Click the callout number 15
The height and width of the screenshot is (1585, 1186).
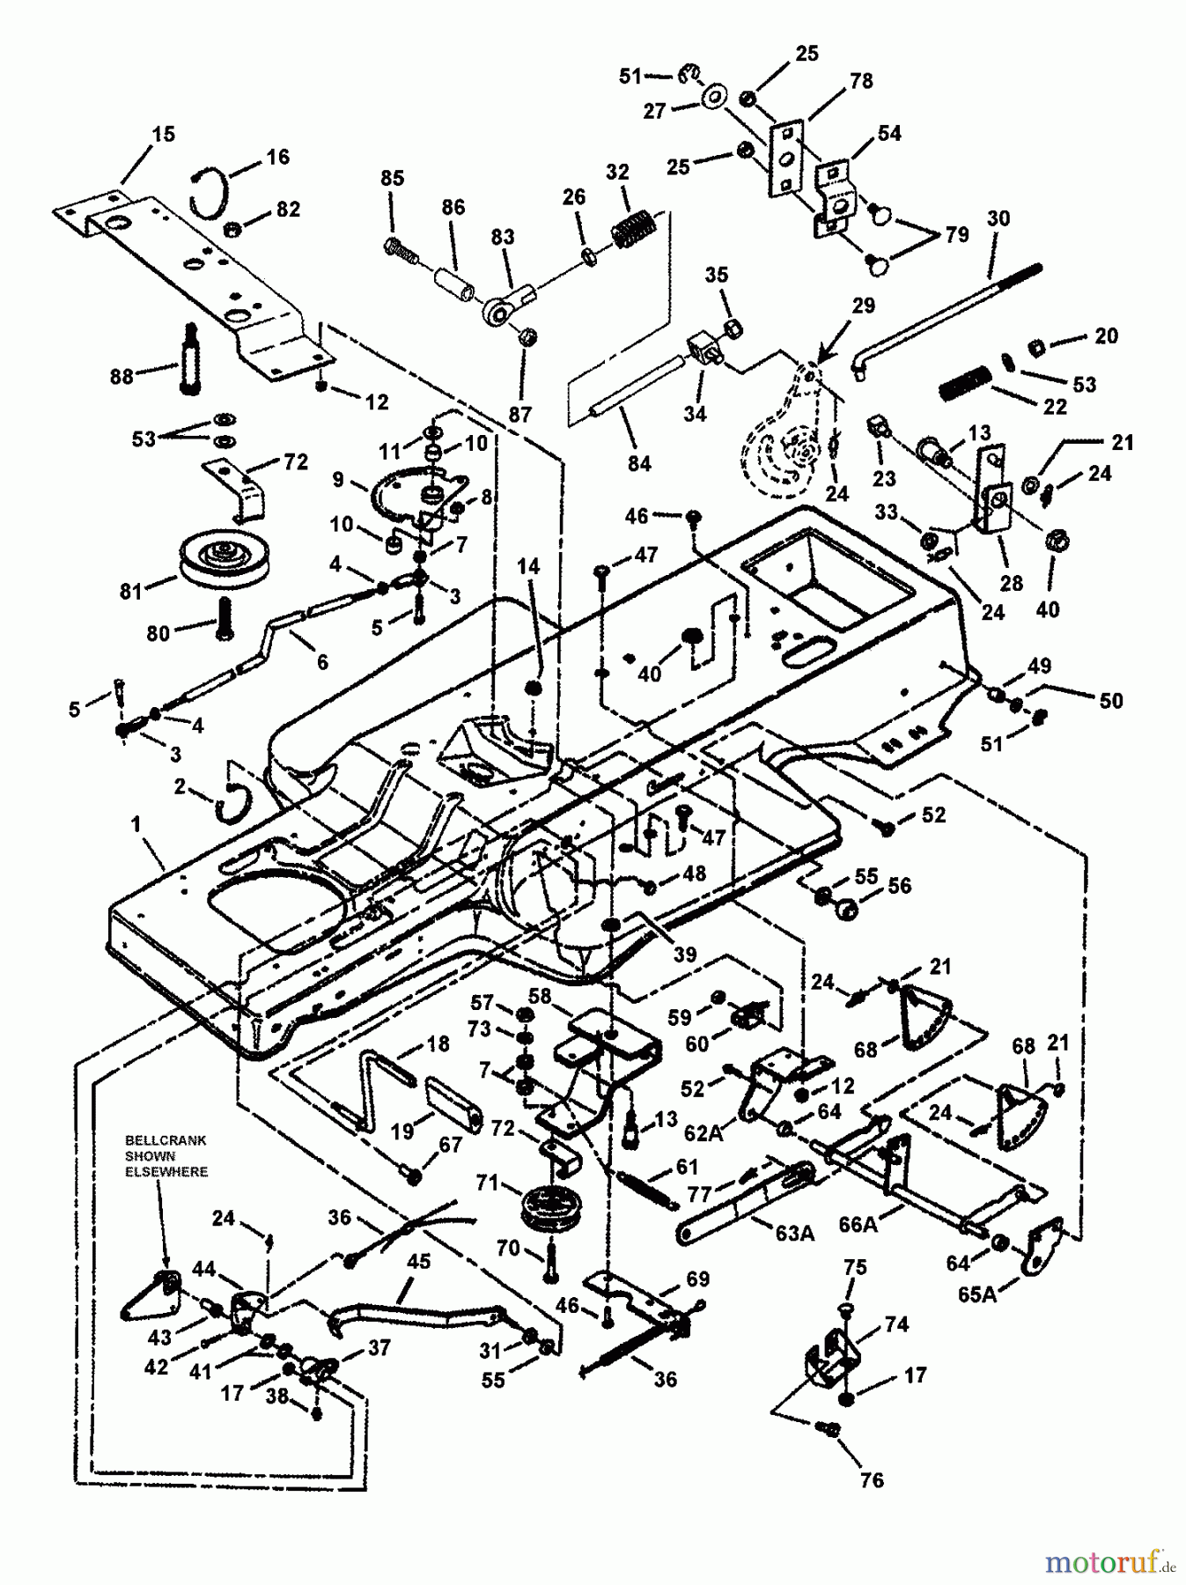(x=163, y=135)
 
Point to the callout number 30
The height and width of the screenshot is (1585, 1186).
(x=998, y=218)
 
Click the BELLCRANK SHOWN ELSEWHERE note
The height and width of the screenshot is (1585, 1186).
(x=166, y=1155)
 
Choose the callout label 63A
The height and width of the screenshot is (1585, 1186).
(x=793, y=1233)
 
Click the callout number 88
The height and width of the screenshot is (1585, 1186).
(x=122, y=376)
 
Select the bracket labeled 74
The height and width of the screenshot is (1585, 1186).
(x=831, y=1365)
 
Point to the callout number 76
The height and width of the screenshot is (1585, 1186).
(x=871, y=1481)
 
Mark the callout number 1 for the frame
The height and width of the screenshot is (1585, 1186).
(x=136, y=823)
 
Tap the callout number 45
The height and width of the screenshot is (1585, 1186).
(x=417, y=1262)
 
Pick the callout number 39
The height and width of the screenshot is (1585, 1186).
(x=684, y=954)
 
